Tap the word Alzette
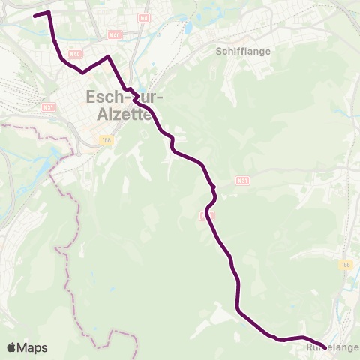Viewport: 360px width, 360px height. click(x=125, y=115)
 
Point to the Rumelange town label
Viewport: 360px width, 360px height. click(x=332, y=348)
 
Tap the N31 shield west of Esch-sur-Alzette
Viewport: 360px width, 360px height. click(x=49, y=107)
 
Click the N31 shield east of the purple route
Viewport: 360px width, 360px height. click(x=241, y=181)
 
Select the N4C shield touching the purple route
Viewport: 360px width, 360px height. click(x=74, y=54)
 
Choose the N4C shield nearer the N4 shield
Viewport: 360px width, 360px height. click(x=114, y=34)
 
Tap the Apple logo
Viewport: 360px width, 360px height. click(x=11, y=347)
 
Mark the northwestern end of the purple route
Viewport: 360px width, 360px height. click(x=35, y=15)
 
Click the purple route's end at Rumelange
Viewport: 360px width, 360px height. click(x=325, y=348)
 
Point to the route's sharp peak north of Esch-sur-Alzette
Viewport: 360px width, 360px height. click(x=109, y=57)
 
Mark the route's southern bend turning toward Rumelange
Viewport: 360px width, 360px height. click(x=238, y=308)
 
